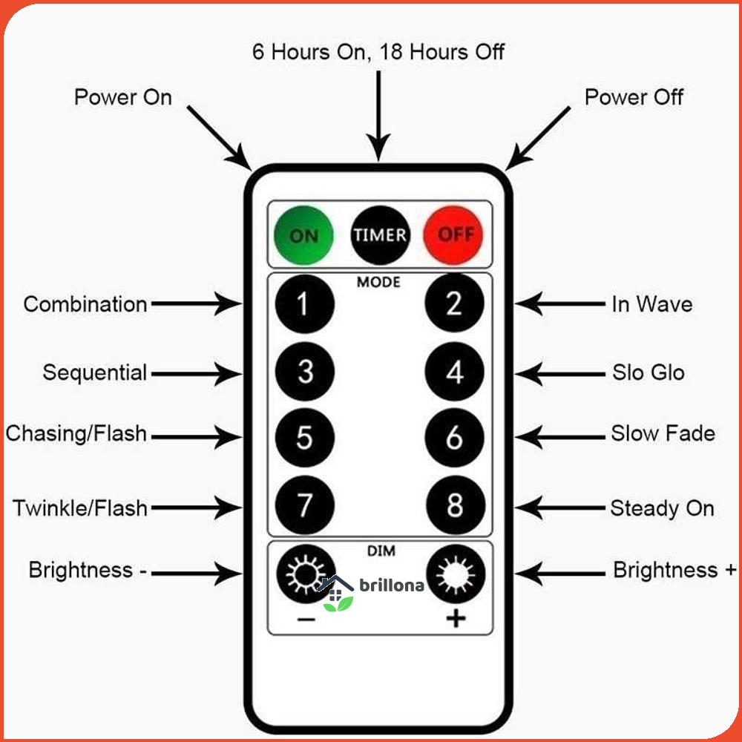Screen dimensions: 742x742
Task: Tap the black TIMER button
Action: pyautogui.click(x=380, y=234)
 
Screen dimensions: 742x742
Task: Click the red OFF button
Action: pyautogui.click(x=454, y=234)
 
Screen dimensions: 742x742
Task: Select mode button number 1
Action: pyautogui.click(x=304, y=303)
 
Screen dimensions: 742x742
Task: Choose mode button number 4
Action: pyautogui.click(x=455, y=372)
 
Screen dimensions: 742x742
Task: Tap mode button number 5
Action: pyautogui.click(x=304, y=438)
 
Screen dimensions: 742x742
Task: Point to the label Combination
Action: pyautogui.click(x=85, y=304)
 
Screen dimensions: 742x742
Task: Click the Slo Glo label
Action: pyautogui.click(x=648, y=372)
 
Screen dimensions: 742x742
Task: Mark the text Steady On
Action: pyautogui.click(x=662, y=509)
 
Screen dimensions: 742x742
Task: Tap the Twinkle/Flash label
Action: pyautogui.click(x=80, y=509)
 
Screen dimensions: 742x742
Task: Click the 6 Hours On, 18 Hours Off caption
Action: pyautogui.click(x=378, y=53)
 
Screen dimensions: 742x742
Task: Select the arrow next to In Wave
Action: pyautogui.click(x=560, y=304)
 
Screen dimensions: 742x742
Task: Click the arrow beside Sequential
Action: pyautogui.click(x=194, y=373)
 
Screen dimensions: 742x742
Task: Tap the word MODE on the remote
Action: pyautogui.click(x=378, y=283)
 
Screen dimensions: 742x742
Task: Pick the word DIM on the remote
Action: pyautogui.click(x=381, y=551)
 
